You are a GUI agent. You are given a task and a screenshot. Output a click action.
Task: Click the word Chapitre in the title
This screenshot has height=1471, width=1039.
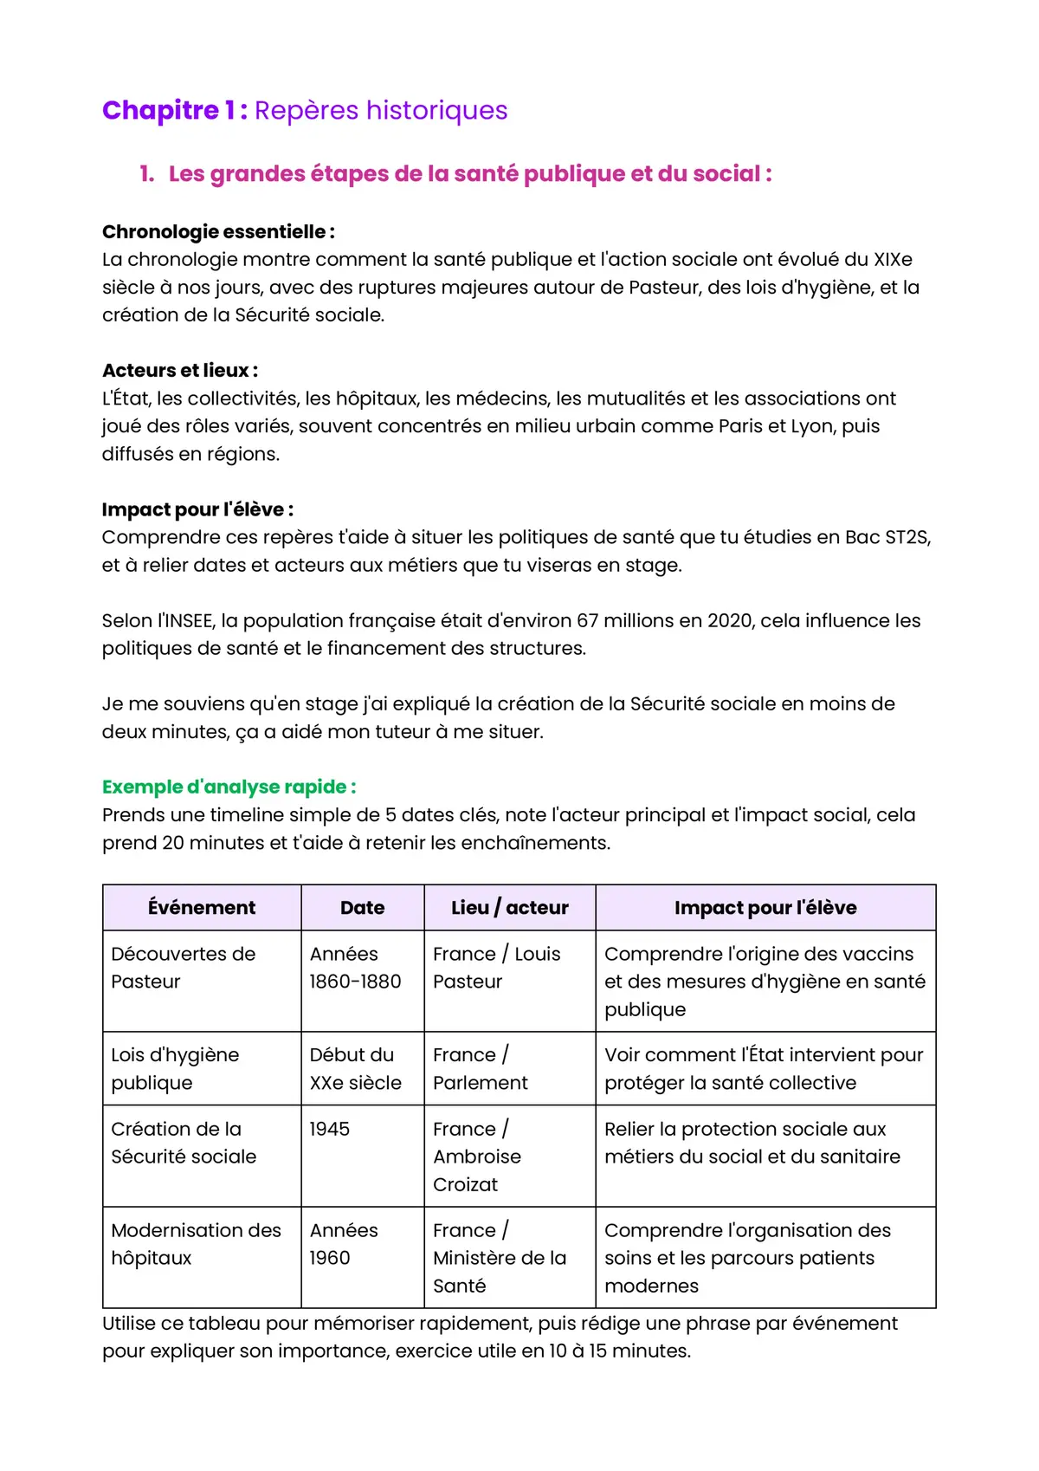160,111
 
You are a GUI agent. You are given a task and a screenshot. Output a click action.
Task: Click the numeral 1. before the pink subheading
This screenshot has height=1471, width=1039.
147,174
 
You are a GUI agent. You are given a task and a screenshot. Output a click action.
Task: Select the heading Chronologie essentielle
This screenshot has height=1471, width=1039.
217,231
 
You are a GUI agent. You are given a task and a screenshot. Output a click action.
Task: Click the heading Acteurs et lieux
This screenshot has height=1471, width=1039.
179,371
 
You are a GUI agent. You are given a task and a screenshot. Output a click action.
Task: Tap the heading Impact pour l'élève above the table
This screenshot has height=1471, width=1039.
197,509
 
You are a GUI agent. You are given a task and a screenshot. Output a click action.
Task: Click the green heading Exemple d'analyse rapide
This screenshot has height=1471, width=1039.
229,787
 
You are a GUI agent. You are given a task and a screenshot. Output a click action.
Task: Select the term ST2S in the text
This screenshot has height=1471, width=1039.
907,537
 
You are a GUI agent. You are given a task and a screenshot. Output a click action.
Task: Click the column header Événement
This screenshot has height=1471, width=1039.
202,908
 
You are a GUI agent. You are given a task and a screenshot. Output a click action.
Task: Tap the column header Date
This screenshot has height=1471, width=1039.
362,908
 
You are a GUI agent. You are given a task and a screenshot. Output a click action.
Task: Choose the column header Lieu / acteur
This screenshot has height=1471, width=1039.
509,908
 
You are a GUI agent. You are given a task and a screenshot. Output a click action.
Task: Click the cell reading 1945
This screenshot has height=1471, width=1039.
330,1130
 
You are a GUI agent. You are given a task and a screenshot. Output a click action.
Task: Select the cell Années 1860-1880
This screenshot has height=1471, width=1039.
355,968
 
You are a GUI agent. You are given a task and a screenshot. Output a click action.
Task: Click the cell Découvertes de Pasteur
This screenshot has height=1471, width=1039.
183,968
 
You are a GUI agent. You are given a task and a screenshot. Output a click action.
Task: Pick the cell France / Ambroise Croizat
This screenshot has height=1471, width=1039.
477,1157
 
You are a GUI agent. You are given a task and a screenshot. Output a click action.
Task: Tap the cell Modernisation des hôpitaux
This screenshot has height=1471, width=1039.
196,1244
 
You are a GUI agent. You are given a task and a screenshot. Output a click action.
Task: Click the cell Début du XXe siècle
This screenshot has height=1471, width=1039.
355,1069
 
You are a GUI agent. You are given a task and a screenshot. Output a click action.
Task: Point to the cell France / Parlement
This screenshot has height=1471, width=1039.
480,1069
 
